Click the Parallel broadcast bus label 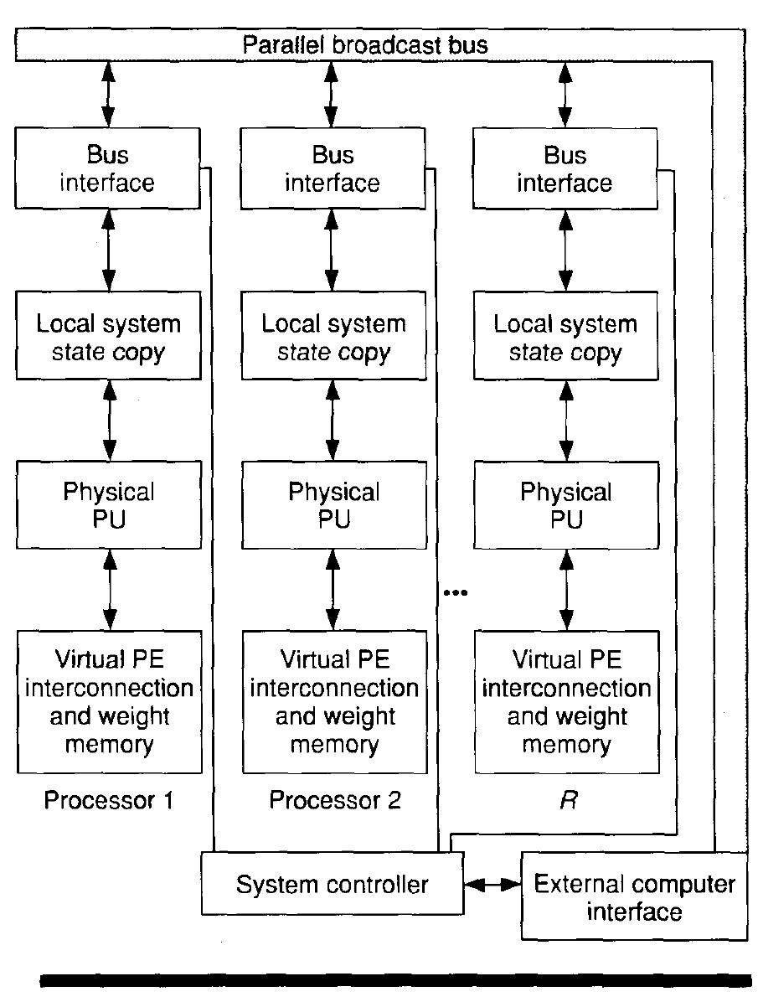(364, 44)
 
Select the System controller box (332, 884)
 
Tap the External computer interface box (634, 896)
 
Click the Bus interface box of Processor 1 (108, 168)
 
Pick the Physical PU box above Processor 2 (333, 504)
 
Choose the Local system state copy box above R (565, 338)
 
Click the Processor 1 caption (108, 801)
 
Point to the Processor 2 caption (334, 801)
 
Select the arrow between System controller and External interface (492, 884)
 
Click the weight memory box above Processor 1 (109, 702)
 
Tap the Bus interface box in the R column (565, 168)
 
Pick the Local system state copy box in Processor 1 (109, 336)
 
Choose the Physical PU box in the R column (565, 504)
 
